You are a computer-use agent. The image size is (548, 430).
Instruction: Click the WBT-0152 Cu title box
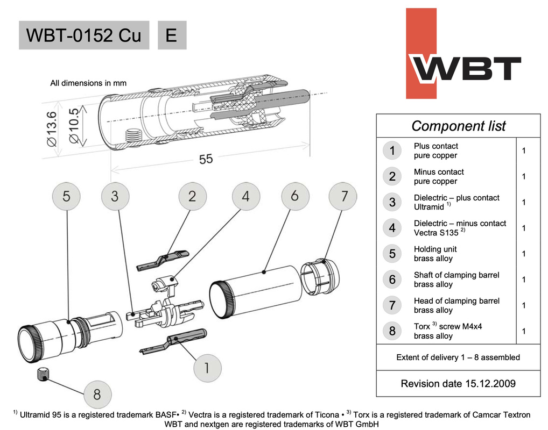coord(84,35)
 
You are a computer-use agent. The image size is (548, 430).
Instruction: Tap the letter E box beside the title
coord(172,35)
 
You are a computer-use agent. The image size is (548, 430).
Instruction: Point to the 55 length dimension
coord(206,160)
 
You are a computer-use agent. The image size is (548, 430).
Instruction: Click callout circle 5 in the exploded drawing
coord(66,197)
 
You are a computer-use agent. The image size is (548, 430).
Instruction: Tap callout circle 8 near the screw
coord(97,394)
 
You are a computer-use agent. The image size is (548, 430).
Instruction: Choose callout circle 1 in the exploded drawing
coord(208,368)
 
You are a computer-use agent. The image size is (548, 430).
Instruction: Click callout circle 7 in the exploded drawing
coord(343,196)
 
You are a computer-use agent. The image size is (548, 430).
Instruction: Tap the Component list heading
coord(458,126)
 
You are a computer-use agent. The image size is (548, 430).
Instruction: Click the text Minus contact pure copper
coord(438,176)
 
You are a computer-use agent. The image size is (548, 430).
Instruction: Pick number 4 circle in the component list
coord(392,228)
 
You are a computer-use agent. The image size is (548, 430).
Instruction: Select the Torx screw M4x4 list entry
coord(440,331)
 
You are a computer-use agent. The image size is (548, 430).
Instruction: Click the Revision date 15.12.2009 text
coord(458,383)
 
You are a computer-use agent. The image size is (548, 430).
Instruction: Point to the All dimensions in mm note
coord(88,83)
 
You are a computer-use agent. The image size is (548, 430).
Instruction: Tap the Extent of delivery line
coord(458,357)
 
